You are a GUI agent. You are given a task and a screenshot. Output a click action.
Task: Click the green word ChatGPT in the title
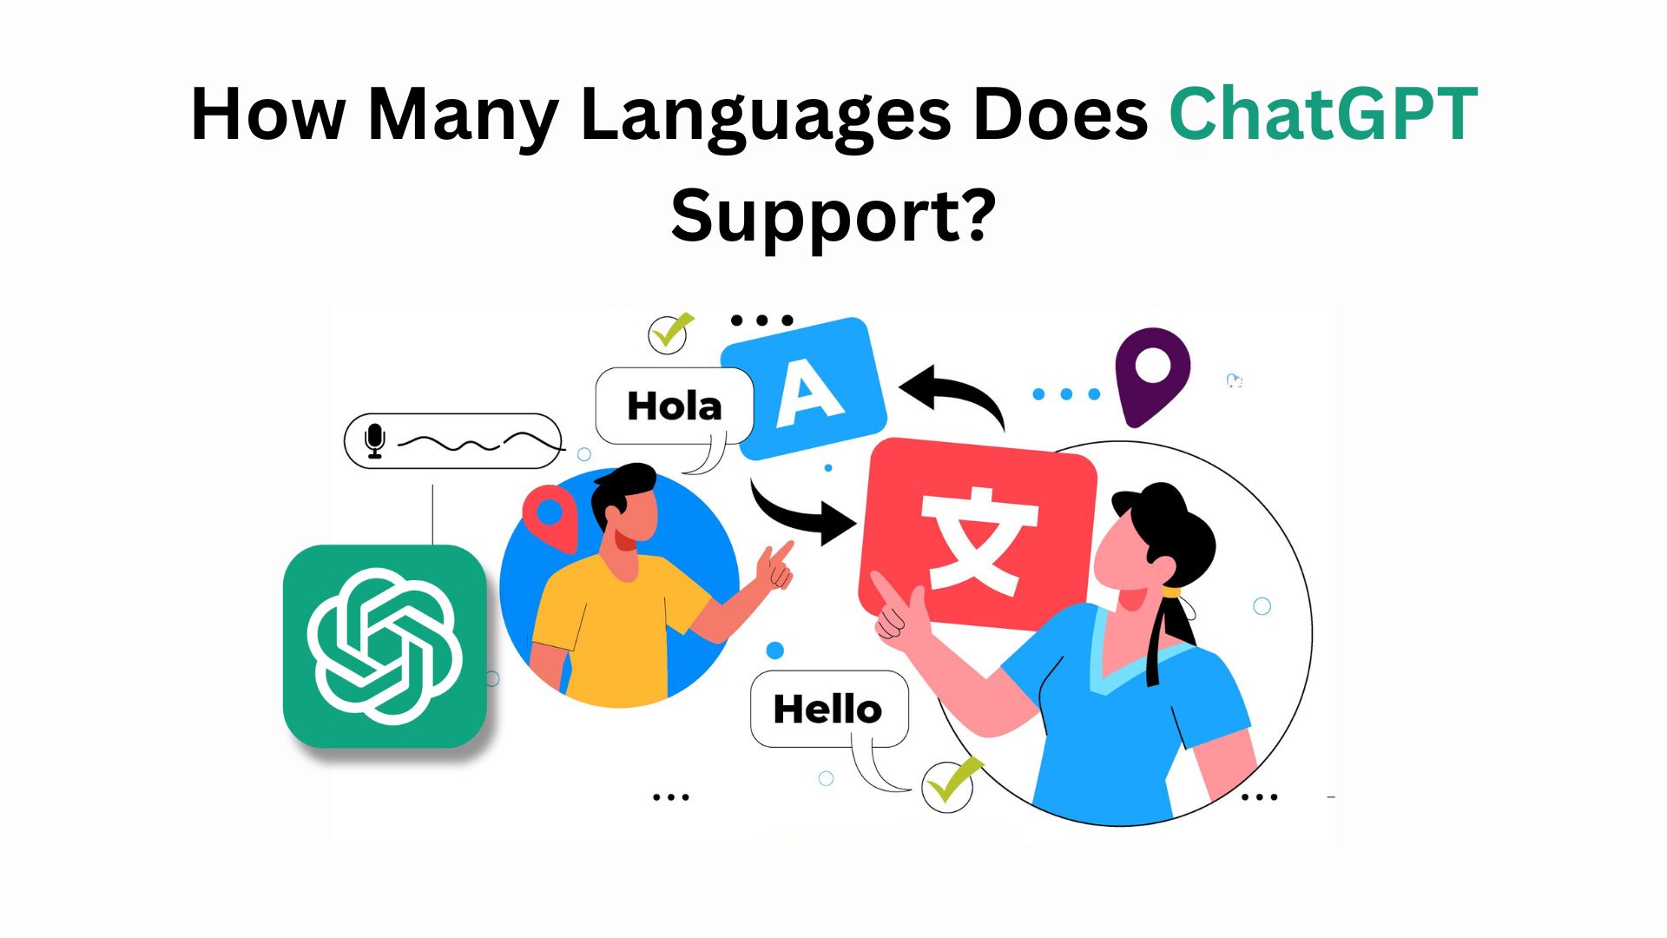[x=1323, y=114]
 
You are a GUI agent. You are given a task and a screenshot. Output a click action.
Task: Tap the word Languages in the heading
[x=766, y=116]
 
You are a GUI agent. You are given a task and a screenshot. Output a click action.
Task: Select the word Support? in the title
[x=833, y=216]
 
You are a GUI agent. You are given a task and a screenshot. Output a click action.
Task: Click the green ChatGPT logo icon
[x=385, y=646]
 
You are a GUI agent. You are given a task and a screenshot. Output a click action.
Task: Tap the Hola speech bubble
[x=674, y=406]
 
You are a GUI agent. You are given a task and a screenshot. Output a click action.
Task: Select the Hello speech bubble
[x=827, y=709]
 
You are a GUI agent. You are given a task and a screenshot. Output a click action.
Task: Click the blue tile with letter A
[x=805, y=387]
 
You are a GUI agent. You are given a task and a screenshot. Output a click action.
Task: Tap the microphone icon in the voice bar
[x=375, y=441]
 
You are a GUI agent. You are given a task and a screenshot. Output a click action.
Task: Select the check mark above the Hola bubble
[x=669, y=332]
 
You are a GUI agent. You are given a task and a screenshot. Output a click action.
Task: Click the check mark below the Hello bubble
[x=950, y=783]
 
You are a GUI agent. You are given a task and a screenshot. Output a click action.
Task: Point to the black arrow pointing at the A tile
[x=955, y=396]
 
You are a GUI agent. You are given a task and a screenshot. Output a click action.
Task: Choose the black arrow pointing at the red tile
[x=802, y=516]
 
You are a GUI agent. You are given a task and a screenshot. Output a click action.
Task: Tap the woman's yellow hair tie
[x=1172, y=592]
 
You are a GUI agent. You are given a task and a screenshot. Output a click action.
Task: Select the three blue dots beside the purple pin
[x=1066, y=393]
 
